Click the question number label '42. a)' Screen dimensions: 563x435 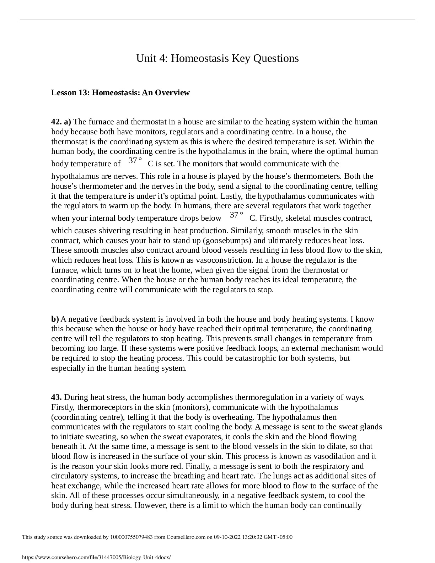click(61, 122)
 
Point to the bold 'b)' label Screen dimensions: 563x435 click(55, 319)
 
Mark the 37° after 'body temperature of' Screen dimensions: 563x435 click(135, 161)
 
